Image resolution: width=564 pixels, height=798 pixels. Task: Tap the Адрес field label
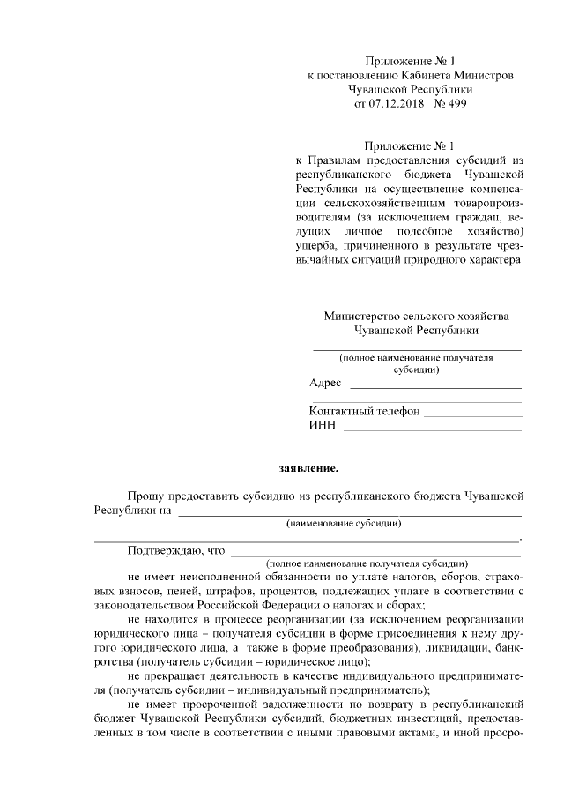pos(325,383)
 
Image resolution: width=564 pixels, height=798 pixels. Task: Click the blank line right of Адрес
pos(435,386)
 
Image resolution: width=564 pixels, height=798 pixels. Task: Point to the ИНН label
pos(322,426)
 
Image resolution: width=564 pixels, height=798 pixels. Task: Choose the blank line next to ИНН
pos(432,429)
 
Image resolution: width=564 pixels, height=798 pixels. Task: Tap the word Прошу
pos(145,497)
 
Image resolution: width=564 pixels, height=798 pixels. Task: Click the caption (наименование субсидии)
pos(344,524)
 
